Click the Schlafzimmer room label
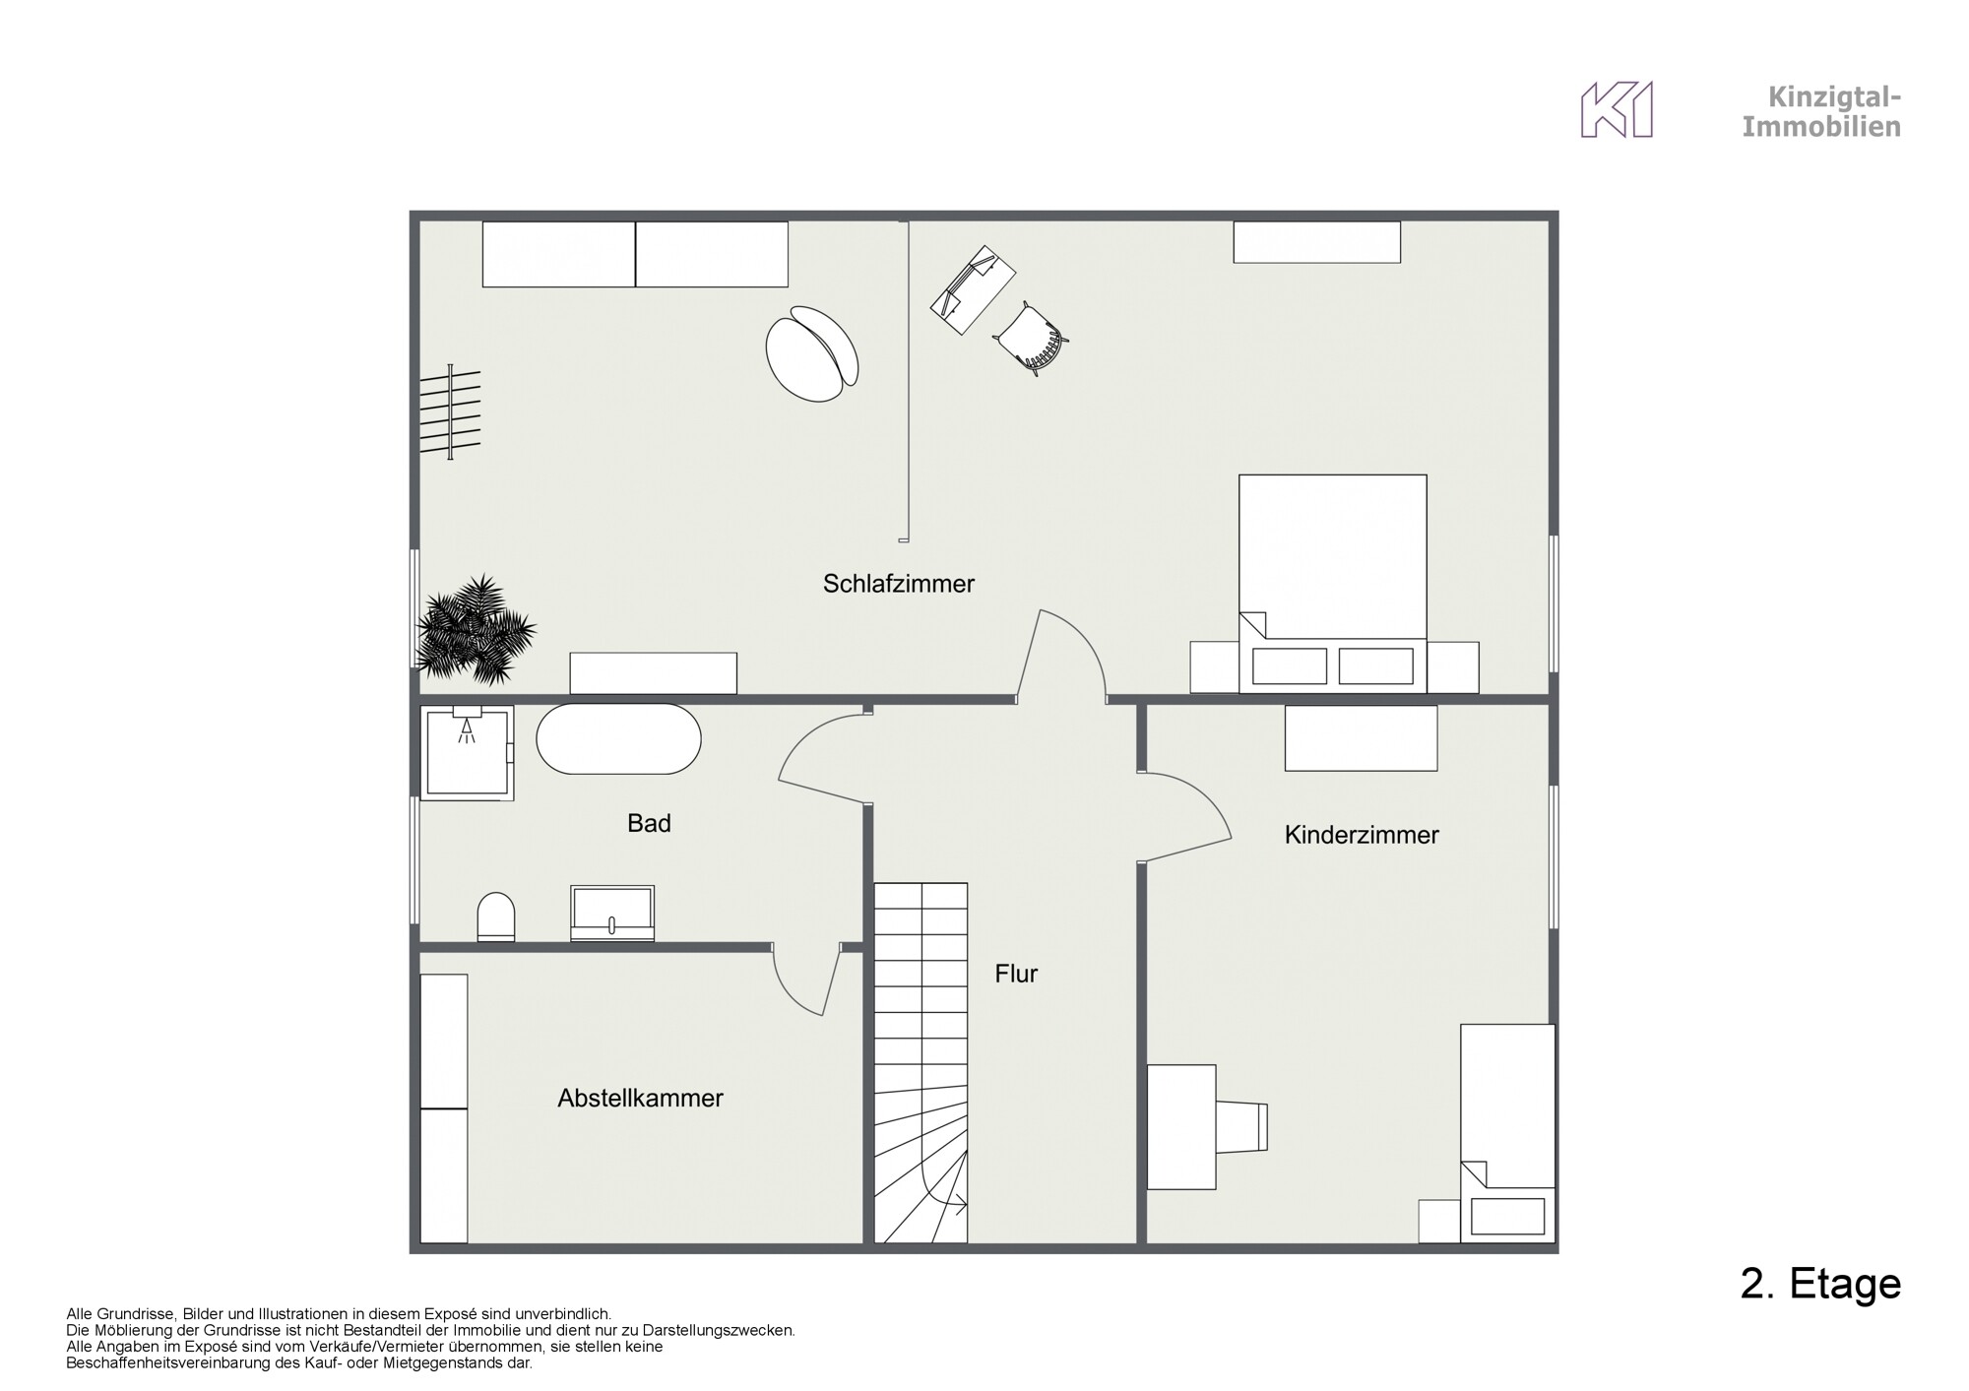tap(899, 584)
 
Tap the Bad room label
tap(649, 823)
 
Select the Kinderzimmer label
tap(1362, 835)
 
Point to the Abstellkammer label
tap(640, 1098)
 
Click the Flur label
tap(1016, 974)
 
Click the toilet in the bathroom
tap(495, 917)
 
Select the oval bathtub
tap(618, 738)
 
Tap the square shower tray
tap(467, 752)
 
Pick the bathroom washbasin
tap(612, 914)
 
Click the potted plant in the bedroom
tap(476, 630)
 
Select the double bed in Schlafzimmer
tap(1333, 584)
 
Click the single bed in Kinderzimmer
tap(1507, 1132)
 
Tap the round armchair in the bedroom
tap(812, 353)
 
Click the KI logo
tap(1617, 109)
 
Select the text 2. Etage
tap(1820, 1284)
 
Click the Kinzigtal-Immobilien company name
tap(1821, 111)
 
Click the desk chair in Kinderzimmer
tap(1242, 1126)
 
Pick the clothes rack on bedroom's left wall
tap(451, 411)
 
